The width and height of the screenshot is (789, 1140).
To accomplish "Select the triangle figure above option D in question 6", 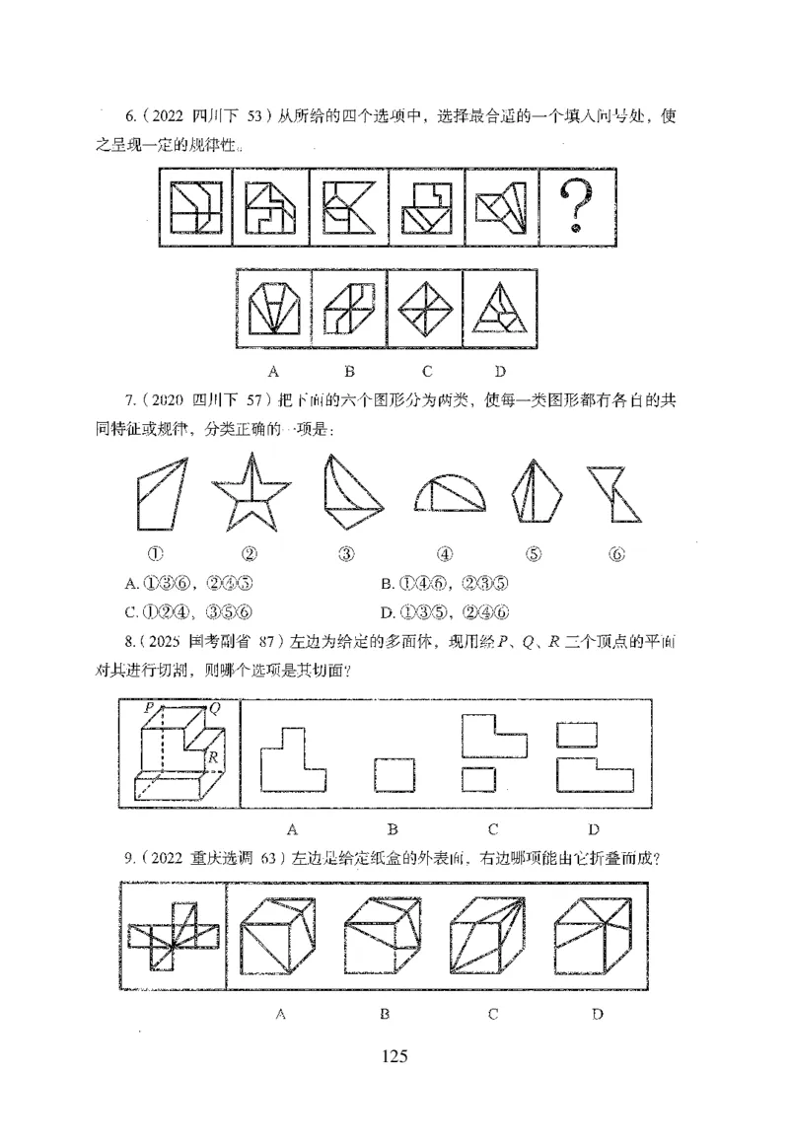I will (500, 308).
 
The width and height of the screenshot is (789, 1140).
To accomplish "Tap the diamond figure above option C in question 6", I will (425, 308).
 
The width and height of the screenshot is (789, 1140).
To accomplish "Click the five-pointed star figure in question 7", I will (251, 493).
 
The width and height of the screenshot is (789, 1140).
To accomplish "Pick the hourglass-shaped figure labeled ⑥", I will (615, 494).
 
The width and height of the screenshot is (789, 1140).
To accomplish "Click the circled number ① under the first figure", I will (155, 553).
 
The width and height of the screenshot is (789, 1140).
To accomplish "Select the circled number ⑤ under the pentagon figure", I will (534, 553).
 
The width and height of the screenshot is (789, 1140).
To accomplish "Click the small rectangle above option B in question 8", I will (394, 774).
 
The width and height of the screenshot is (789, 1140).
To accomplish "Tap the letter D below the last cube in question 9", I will (597, 1013).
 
